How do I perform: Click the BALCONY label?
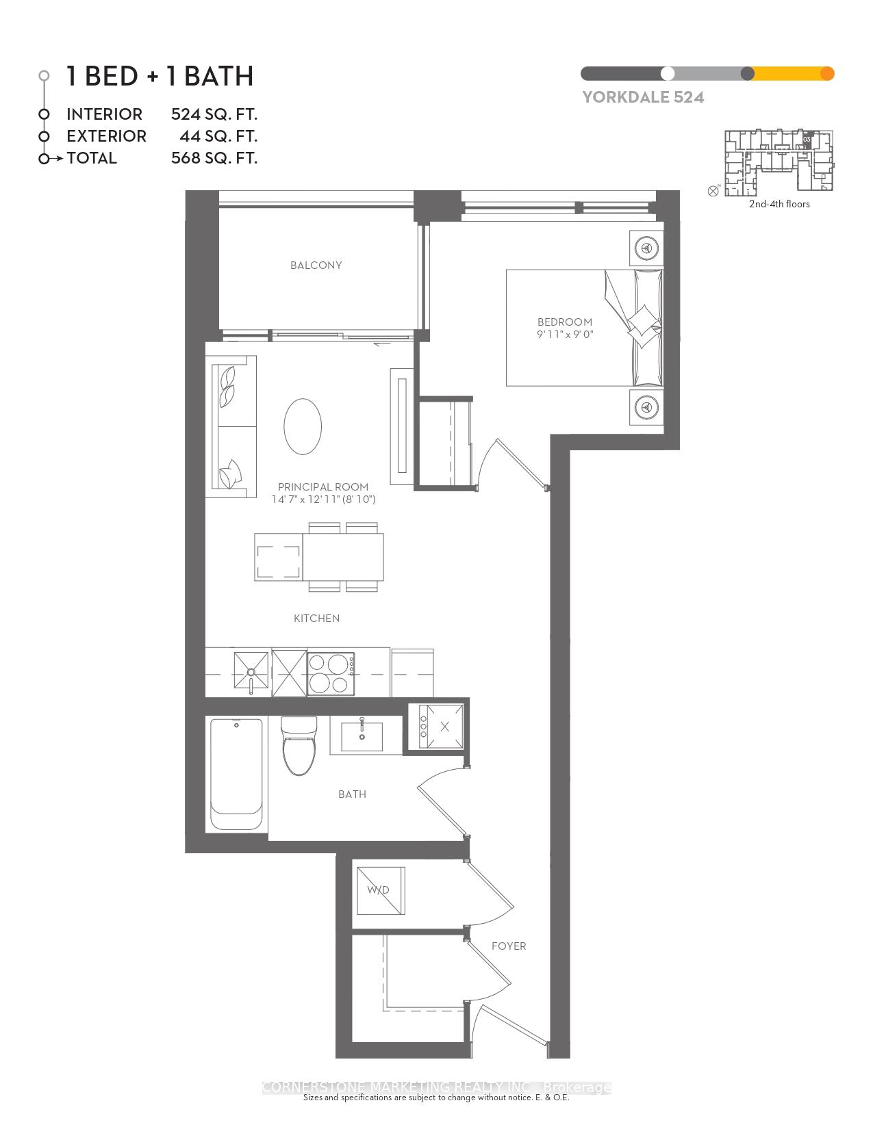pos(316,265)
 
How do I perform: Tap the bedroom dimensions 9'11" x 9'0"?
pos(564,335)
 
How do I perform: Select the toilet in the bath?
pos(299,746)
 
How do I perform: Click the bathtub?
pos(236,774)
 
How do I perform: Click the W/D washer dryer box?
pos(381,890)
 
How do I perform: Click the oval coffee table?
pos(303,426)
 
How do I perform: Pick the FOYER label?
pos(509,946)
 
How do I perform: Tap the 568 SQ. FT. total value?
pos(214,158)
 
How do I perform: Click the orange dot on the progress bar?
pos(827,74)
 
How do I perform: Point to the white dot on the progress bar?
pos(668,74)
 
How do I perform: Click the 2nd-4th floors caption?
pos(779,204)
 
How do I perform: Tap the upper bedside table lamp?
pos(646,247)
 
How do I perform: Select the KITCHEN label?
pos(316,619)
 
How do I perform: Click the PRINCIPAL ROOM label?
pos(323,487)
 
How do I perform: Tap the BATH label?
pos(352,794)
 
